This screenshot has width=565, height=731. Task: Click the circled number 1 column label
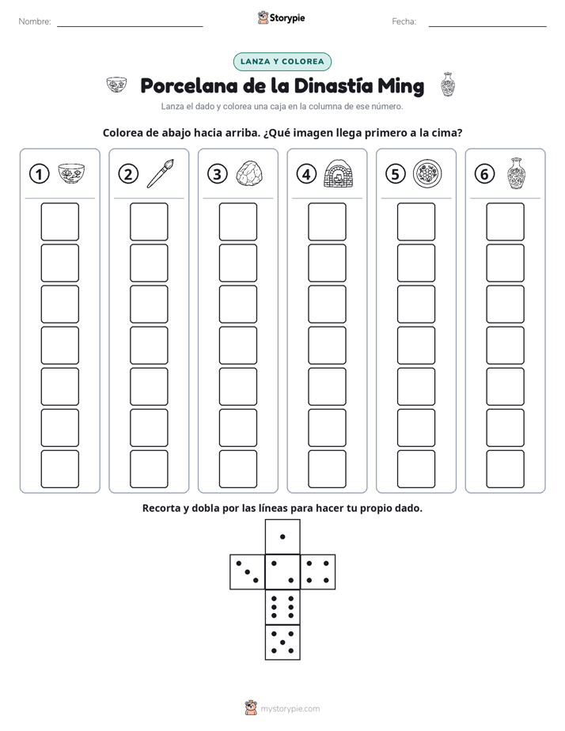39,174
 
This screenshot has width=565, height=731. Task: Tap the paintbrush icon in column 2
161,173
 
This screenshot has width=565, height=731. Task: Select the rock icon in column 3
249,174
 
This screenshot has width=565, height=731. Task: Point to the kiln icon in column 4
339,173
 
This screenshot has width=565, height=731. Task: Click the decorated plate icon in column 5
427,173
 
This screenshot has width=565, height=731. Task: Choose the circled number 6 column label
484,174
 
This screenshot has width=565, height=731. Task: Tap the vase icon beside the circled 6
517,173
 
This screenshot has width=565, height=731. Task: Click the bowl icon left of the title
116,85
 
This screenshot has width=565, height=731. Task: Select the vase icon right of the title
448,85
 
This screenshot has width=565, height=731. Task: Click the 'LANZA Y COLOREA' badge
282,62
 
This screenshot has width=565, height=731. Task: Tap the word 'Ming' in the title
401,86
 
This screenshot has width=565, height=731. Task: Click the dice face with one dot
282,536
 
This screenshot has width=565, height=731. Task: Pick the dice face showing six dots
282,607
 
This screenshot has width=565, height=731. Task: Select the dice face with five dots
282,642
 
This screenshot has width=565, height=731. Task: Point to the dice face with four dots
318,572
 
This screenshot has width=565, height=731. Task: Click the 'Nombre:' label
35,21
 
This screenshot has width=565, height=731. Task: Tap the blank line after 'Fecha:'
487,26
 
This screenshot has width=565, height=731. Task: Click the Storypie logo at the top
281,17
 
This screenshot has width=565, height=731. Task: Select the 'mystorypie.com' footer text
290,709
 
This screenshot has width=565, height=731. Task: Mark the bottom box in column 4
328,469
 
